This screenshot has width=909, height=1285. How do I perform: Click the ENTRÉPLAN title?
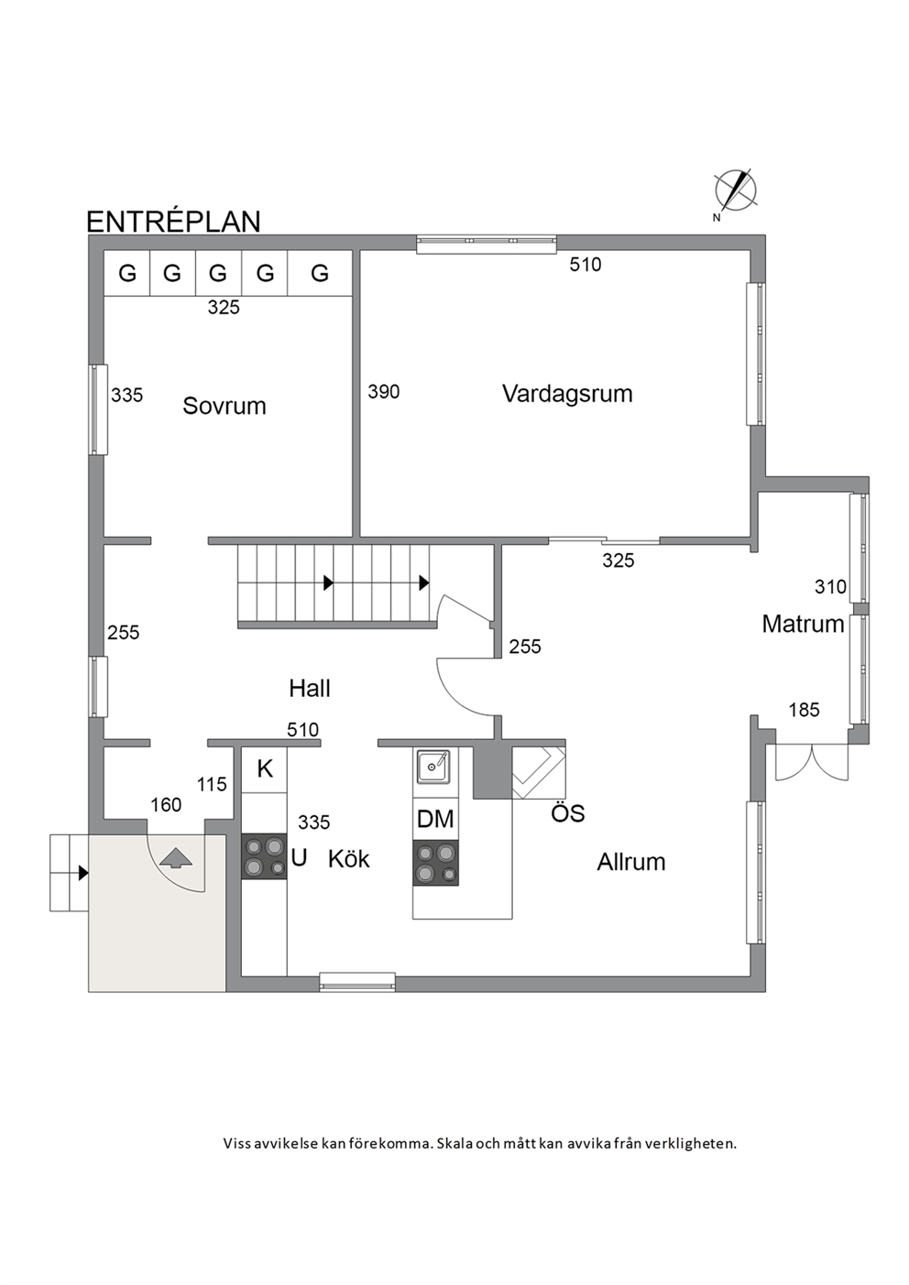click(173, 222)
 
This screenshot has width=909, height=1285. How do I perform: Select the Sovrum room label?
click(225, 406)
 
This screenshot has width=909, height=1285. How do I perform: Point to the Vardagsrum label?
click(567, 394)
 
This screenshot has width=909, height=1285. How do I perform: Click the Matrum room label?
click(803, 624)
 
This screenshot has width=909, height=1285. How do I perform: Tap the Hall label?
click(310, 689)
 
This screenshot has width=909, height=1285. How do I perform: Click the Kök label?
click(349, 859)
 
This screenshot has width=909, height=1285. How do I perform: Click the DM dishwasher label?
click(435, 819)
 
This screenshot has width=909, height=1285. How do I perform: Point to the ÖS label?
click(568, 813)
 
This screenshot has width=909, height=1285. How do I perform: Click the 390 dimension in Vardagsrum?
click(384, 392)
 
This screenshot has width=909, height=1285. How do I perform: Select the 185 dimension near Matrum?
click(804, 710)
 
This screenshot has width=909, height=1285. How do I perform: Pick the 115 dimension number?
click(212, 784)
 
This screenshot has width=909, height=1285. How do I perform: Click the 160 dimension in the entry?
click(166, 805)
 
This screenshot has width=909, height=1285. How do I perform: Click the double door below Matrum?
click(812, 762)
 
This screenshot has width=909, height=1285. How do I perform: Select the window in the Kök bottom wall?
click(357, 982)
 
